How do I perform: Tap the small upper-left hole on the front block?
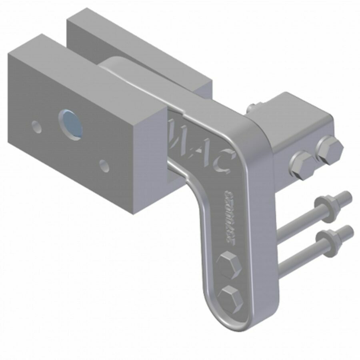(x=37, y=127)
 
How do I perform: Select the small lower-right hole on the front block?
(x=104, y=166)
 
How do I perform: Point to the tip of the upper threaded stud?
(x=347, y=196)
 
